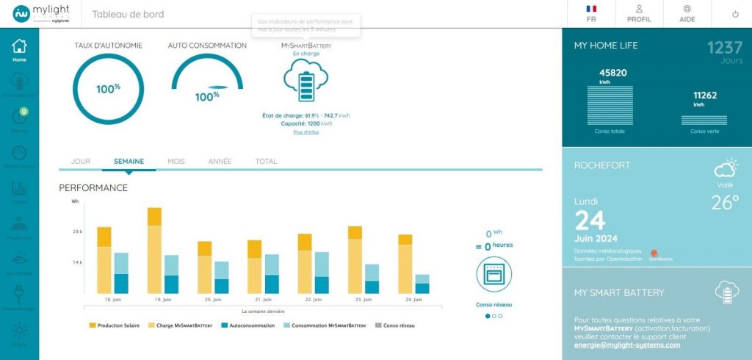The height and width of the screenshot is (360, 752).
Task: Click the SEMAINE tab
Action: (x=129, y=161)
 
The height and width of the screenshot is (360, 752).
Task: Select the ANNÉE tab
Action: (x=220, y=161)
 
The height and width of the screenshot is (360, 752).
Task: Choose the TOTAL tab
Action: (x=266, y=161)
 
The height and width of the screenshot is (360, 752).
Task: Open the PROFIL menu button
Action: (x=639, y=14)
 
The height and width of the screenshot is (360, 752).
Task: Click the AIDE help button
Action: (x=687, y=14)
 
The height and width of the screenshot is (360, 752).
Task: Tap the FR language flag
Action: (x=591, y=14)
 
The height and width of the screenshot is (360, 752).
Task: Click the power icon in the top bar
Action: (x=735, y=14)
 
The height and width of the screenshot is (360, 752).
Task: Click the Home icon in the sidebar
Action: (x=19, y=50)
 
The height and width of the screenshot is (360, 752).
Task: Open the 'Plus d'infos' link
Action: (x=306, y=132)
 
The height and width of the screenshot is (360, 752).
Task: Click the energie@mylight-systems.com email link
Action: (x=627, y=345)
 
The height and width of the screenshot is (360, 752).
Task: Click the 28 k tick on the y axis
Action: (x=76, y=231)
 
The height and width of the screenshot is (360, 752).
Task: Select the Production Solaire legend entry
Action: (x=114, y=325)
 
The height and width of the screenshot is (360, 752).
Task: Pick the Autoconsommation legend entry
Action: (x=247, y=325)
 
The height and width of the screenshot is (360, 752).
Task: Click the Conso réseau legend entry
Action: (x=395, y=325)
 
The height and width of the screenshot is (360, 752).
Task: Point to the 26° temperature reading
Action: (x=725, y=203)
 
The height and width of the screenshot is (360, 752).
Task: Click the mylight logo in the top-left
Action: (x=41, y=14)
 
